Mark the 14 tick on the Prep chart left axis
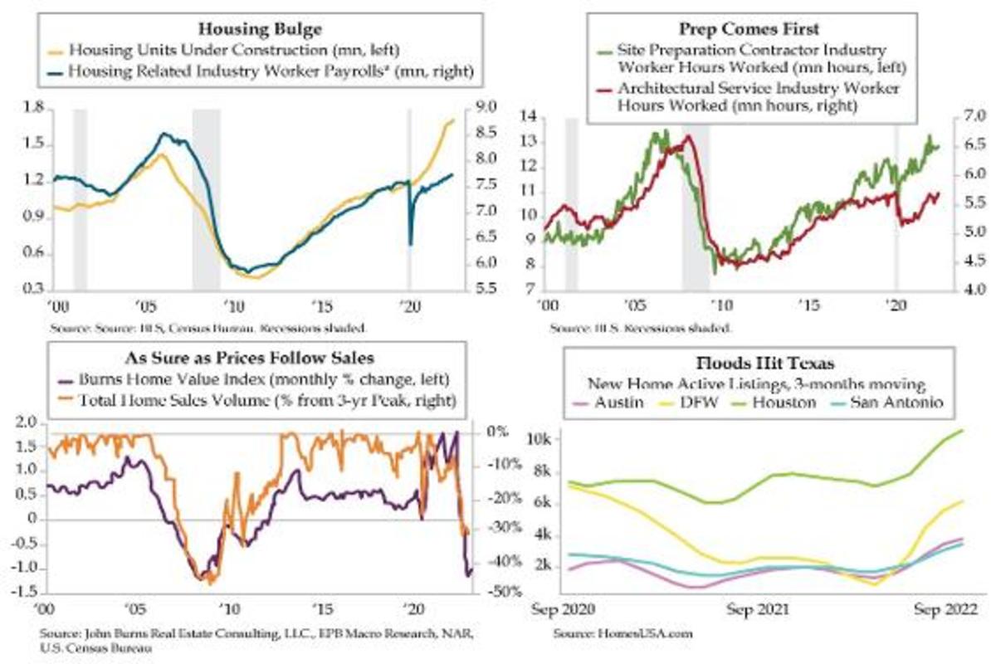pyautogui.click(x=529, y=116)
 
